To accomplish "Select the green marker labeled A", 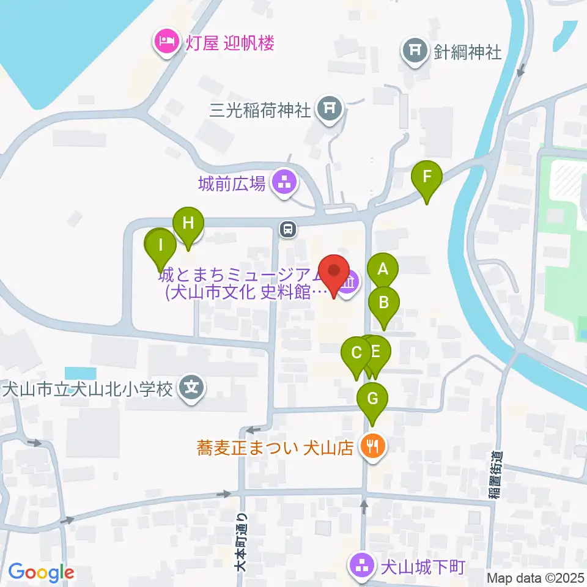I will point(383,270).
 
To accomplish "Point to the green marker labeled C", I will point(356,353).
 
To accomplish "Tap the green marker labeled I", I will point(161,246).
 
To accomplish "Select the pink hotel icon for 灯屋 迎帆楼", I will point(166,43).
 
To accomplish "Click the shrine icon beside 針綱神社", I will point(415,51).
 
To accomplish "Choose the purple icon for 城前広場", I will point(283,182).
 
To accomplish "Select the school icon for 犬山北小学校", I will point(192,388).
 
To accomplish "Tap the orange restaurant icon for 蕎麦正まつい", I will point(372,446).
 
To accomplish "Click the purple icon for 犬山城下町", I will point(362,565).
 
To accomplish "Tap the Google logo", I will point(41,573).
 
